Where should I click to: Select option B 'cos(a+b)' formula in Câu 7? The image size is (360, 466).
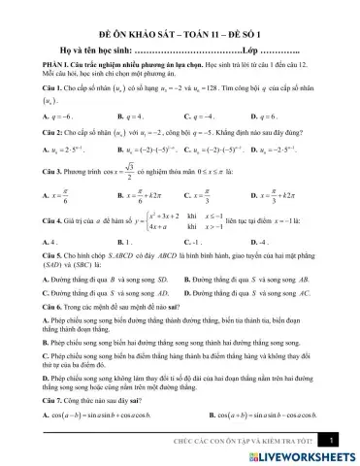(x=257, y=416)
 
